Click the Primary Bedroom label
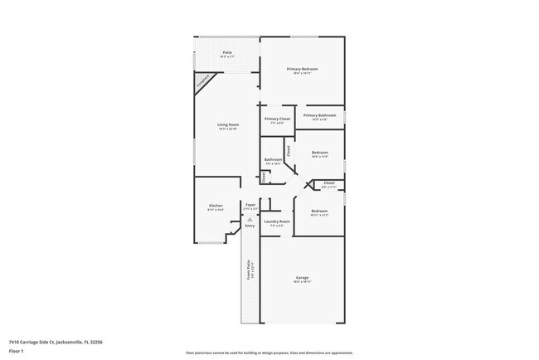pyautogui.click(x=303, y=69)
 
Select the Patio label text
pyautogui.click(x=227, y=53)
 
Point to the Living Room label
pyautogui.click(x=228, y=124)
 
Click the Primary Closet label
pyautogui.click(x=277, y=119)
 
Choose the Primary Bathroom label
pyautogui.click(x=319, y=115)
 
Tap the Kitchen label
pyautogui.click(x=216, y=205)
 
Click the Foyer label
pyautogui.click(x=250, y=204)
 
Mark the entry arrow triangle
pyautogui.click(x=250, y=219)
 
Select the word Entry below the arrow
pyautogui.click(x=250, y=226)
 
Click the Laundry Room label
pyautogui.click(x=276, y=221)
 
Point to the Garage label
pyautogui.click(x=302, y=278)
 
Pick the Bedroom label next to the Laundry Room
pyautogui.click(x=319, y=211)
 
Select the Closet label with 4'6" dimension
pyautogui.click(x=328, y=182)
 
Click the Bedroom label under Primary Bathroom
pyautogui.click(x=319, y=153)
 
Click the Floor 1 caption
pyautogui.click(x=17, y=351)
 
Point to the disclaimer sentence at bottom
pyautogui.click(x=269, y=353)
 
